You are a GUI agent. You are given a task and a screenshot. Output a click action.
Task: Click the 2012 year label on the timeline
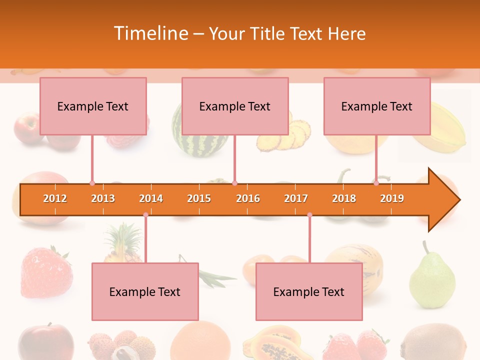point(55,198)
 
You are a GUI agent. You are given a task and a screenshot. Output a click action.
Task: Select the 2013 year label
point(103,198)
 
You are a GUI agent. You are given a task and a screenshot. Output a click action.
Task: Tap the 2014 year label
point(151,198)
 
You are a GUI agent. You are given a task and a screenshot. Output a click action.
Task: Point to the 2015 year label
point(199,198)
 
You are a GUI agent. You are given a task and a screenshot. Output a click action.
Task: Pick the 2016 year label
point(248,198)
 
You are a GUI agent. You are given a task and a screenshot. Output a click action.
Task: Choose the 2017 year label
point(296,198)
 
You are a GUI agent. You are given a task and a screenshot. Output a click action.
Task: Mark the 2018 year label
point(344,198)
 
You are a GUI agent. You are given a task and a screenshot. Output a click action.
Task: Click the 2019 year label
point(392,198)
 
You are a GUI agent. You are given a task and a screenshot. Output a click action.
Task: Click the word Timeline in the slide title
point(150,33)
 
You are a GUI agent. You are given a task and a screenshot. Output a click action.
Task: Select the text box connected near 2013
point(93,106)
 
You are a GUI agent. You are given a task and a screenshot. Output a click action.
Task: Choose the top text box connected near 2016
point(235,106)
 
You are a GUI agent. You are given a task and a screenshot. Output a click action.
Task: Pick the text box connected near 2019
point(377,106)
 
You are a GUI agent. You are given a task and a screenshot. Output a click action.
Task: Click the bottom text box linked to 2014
point(145,291)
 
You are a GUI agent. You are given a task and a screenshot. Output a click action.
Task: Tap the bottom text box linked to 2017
point(309,291)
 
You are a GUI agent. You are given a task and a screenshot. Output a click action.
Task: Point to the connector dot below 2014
point(145,215)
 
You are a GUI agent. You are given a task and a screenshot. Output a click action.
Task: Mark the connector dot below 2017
point(309,215)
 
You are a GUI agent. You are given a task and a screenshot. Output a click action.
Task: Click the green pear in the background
point(432,277)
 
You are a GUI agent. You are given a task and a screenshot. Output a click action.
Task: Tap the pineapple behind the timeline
point(122,245)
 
